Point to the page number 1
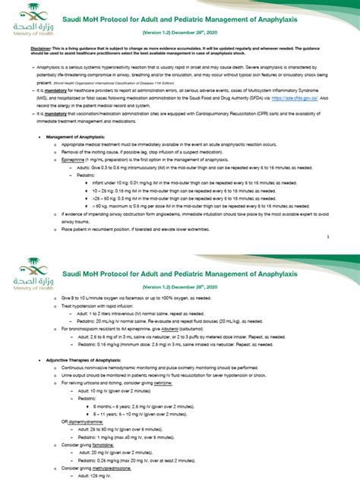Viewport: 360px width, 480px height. click(x=327, y=236)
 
